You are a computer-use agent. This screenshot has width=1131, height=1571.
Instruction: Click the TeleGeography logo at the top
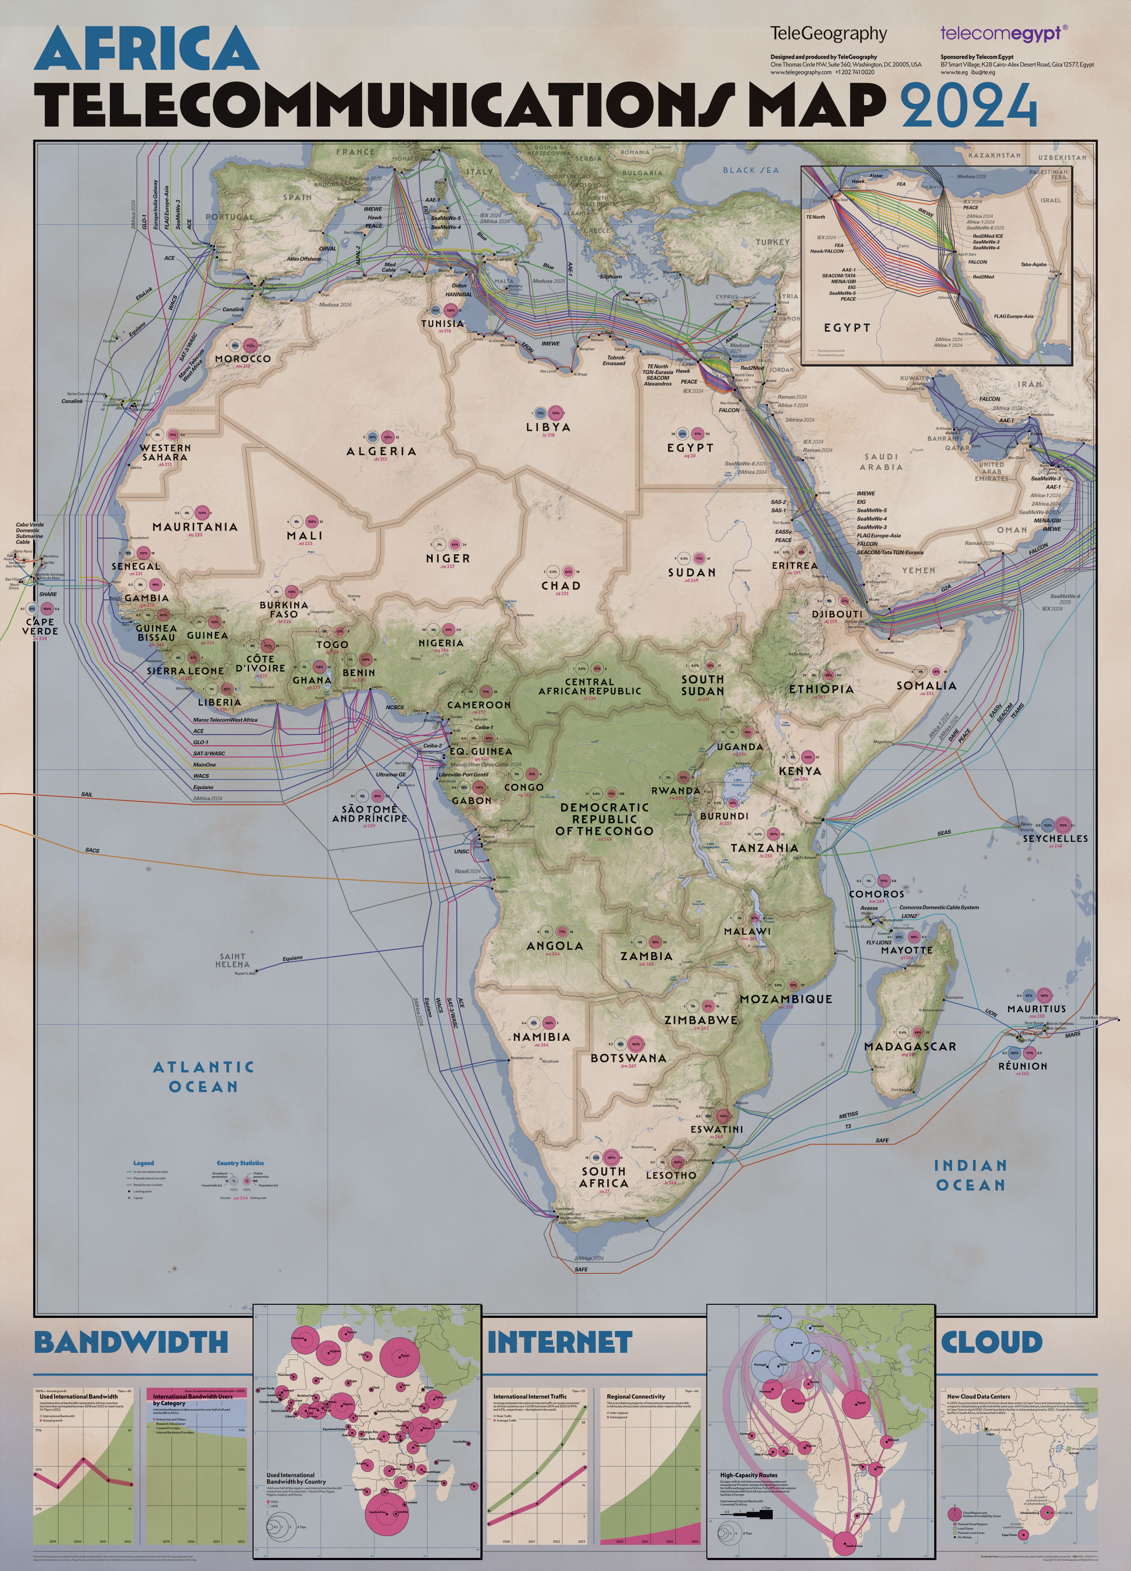(x=828, y=33)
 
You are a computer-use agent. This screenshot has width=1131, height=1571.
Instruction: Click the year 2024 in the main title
(x=968, y=105)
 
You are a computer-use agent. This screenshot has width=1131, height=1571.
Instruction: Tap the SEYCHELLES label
(x=1055, y=838)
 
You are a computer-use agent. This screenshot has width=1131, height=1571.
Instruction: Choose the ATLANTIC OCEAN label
(x=204, y=1077)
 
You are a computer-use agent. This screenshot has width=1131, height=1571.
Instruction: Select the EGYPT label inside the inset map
(x=847, y=328)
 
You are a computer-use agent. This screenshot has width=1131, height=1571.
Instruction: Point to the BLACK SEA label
(x=751, y=170)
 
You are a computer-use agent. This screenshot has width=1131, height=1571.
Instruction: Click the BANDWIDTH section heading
(x=131, y=1342)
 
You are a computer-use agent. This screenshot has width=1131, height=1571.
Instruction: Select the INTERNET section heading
(x=560, y=1342)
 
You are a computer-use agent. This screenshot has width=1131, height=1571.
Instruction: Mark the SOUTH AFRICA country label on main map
(x=604, y=1177)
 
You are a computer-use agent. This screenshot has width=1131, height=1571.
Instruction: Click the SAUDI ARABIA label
(x=881, y=462)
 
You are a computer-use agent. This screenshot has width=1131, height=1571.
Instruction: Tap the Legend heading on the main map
(x=144, y=1163)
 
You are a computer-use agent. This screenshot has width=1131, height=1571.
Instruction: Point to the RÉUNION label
(x=1022, y=1066)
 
